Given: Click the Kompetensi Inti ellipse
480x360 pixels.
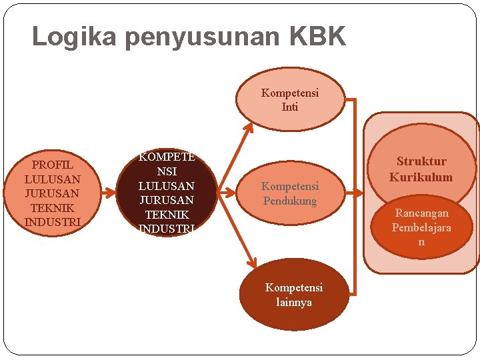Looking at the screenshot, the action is tap(290, 99).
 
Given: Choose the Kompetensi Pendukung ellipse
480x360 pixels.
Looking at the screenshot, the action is tap(290, 193).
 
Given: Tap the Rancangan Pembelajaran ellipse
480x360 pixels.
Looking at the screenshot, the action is tap(421, 227).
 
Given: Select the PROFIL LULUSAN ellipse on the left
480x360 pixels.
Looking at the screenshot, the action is tap(52, 193).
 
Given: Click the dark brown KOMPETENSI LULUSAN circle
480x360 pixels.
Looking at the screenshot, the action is tap(166, 193).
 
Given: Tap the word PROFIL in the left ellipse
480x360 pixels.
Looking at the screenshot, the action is tap(52, 165).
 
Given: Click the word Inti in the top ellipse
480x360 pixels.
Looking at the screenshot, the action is tap(290, 107).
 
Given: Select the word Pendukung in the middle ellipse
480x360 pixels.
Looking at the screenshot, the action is tap(290, 201).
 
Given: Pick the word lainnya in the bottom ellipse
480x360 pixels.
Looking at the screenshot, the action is tap(294, 302).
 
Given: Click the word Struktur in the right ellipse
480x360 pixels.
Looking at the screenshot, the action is tap(421, 161).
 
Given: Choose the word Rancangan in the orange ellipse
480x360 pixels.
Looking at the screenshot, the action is tap(421, 213).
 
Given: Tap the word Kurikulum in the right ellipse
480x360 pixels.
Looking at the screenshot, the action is tap(421, 177).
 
